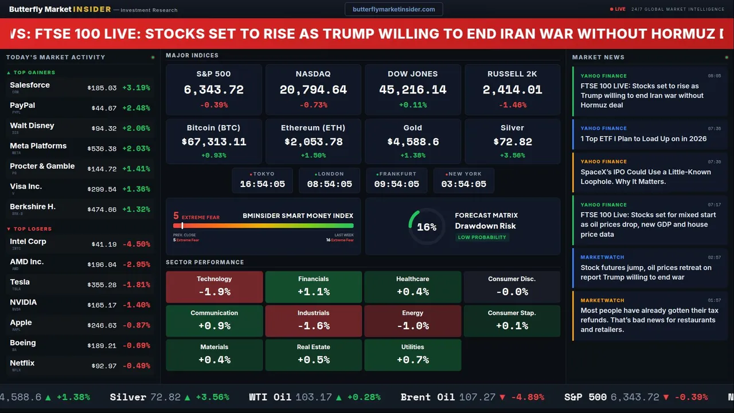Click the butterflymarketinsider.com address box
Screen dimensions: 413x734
393,9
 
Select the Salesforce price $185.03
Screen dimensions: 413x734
102,88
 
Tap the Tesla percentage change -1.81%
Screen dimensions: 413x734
138,285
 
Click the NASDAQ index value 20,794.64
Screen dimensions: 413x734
313,90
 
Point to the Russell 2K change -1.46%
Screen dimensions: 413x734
512,106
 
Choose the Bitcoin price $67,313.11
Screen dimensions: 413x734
214,142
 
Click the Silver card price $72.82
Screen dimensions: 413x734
512,142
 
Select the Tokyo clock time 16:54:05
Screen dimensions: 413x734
262,184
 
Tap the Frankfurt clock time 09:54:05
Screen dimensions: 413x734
396,184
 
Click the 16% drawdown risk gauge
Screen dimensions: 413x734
426,227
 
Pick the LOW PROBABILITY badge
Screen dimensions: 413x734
482,237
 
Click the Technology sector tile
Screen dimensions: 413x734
214,287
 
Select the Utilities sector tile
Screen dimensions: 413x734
412,355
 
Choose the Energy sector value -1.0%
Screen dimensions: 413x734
412,326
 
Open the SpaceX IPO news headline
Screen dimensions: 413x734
645,177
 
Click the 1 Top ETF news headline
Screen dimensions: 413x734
643,139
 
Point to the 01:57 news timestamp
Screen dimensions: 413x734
714,301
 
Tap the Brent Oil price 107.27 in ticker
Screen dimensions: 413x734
477,397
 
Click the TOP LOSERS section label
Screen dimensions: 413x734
32,229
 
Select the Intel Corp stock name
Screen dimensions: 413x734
28,241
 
